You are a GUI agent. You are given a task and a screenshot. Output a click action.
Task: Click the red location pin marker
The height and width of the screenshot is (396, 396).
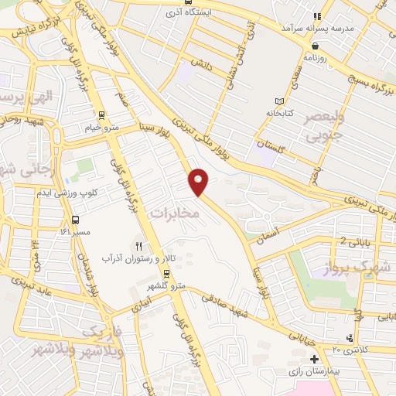pos(199,181)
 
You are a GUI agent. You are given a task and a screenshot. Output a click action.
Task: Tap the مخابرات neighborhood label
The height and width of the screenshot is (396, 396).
pos(174,211)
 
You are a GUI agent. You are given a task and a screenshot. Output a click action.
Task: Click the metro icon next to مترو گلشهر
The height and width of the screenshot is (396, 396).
pos(166,272)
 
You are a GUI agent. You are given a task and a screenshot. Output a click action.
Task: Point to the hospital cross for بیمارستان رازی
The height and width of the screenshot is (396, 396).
pos(314,360)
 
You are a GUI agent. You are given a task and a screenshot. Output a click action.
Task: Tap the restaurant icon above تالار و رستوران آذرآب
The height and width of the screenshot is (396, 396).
pos(140,246)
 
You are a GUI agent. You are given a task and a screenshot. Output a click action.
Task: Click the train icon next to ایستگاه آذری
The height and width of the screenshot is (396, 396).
pos(169,13)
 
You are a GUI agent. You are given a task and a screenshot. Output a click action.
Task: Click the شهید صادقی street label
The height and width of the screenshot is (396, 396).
pos(227,302)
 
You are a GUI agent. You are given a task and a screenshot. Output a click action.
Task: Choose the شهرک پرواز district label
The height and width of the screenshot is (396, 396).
pos(367,268)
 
